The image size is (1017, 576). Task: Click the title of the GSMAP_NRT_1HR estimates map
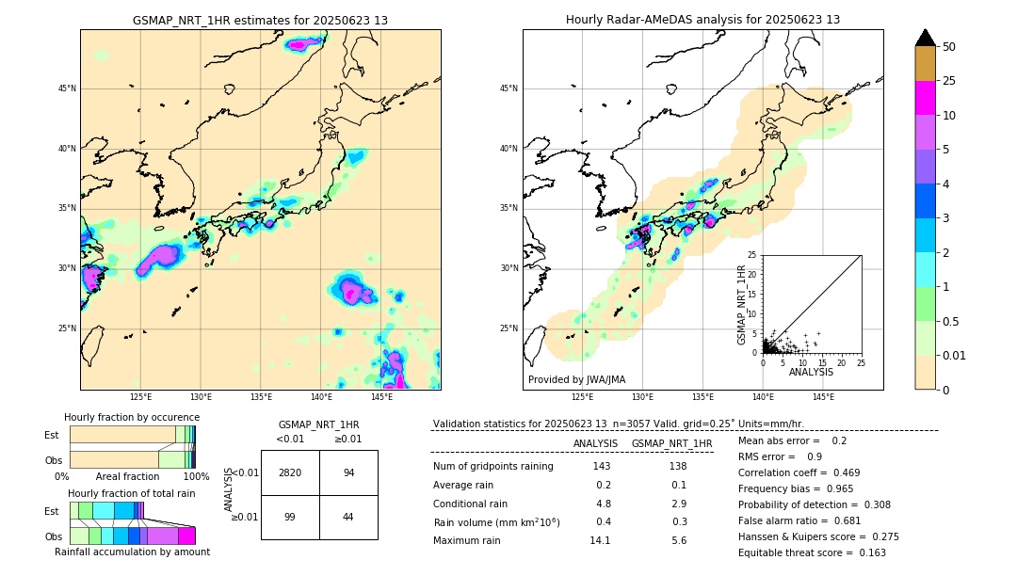point(260,20)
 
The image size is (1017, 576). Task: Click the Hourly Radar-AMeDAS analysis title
point(702,20)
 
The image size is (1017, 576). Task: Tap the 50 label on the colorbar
point(949,46)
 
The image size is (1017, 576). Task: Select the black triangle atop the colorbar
point(926,38)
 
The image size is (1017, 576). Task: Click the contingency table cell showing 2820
point(290,472)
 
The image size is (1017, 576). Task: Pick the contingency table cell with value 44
point(348,518)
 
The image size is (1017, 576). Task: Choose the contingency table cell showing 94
point(348,472)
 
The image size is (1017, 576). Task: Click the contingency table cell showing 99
point(290,518)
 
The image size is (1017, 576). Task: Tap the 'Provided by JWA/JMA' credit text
point(576,379)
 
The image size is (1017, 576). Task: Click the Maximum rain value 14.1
point(600,540)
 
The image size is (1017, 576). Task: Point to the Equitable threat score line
point(812,552)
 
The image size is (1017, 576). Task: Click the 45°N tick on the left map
point(66,88)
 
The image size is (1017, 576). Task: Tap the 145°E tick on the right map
point(823,397)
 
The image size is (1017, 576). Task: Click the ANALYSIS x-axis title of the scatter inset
point(811,372)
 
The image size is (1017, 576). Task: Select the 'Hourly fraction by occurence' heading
point(132,417)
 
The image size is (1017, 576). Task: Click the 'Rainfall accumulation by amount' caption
point(132,552)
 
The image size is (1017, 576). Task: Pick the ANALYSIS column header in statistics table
point(595,443)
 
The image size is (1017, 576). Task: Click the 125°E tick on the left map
point(141,397)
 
